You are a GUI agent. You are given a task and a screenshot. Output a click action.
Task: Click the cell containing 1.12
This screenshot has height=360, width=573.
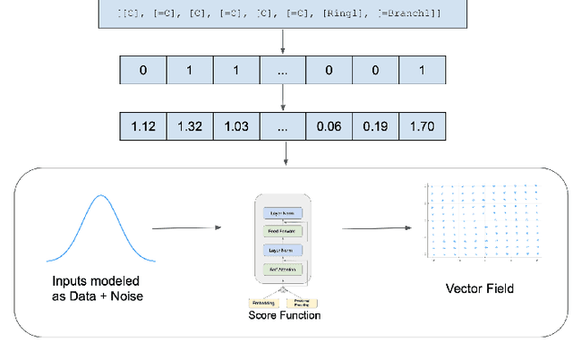pyautogui.click(x=143, y=126)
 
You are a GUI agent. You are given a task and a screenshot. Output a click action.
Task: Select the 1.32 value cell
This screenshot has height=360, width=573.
pyautogui.click(x=190, y=126)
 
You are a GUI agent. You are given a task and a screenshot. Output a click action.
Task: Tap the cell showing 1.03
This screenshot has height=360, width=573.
pyautogui.click(x=236, y=126)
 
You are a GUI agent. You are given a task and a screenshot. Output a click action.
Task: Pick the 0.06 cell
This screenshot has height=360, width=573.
pyautogui.click(x=329, y=126)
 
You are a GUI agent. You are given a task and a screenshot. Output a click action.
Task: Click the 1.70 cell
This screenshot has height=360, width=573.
pyautogui.click(x=421, y=126)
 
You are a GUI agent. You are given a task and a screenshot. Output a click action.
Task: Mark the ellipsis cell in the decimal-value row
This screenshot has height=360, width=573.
pyautogui.click(x=283, y=126)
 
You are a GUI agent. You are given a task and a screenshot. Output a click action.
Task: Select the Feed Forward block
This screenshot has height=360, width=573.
pyautogui.click(x=282, y=230)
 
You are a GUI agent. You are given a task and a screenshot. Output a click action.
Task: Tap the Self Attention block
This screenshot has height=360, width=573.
pyautogui.click(x=282, y=269)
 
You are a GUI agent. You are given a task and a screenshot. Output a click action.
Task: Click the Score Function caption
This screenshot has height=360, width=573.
pyautogui.click(x=284, y=316)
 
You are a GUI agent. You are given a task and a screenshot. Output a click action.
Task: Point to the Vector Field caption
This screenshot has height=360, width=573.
pyautogui.click(x=479, y=288)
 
